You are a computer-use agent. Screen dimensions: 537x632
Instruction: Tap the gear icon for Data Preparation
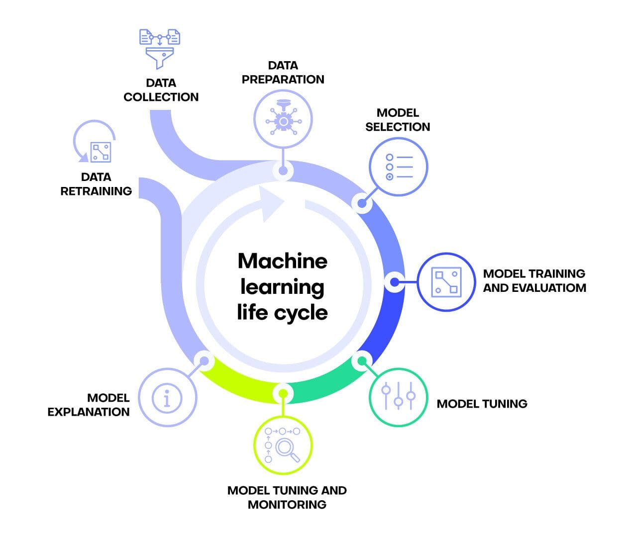tap(283, 121)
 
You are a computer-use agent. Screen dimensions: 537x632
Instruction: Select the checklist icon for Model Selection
tap(398, 167)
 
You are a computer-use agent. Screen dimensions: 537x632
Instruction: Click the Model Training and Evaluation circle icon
tap(446, 282)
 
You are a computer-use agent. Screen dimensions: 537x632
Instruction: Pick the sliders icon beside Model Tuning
tap(398, 396)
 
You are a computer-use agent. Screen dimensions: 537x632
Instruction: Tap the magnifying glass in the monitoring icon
tap(287, 449)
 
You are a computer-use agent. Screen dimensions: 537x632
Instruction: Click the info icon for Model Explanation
tap(167, 397)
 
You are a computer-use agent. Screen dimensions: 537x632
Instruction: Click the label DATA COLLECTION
tap(161, 90)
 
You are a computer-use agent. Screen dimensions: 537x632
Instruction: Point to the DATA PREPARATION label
tap(283, 72)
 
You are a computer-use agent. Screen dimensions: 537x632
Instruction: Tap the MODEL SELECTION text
tap(398, 120)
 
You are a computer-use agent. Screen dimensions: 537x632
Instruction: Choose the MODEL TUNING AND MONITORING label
tap(287, 497)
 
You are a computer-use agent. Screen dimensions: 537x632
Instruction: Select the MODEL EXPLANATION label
tap(89, 405)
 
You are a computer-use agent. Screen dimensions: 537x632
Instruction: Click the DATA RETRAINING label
tap(96, 184)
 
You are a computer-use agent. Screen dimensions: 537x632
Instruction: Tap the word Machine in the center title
tap(283, 261)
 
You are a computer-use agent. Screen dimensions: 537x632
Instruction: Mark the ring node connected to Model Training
tap(394, 282)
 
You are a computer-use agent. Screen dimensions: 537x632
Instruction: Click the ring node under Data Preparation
tap(283, 171)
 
